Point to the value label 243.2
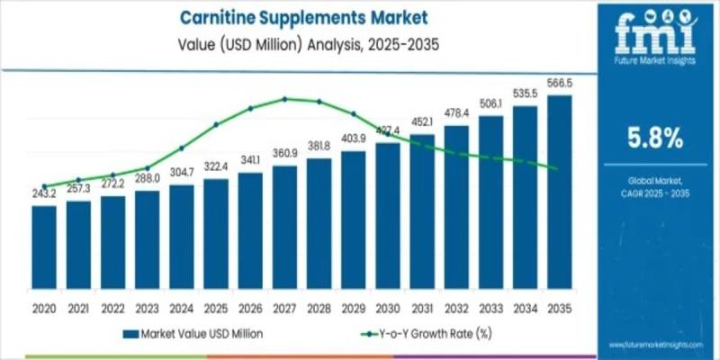44,193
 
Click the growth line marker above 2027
284,98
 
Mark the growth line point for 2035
559,168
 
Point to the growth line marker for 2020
44,185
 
